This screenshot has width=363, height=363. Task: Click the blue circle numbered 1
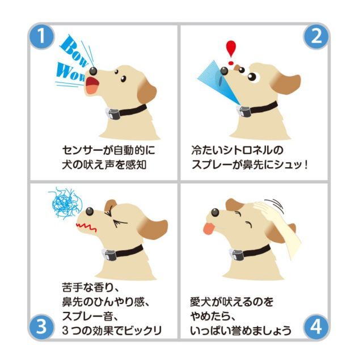coord(41,36)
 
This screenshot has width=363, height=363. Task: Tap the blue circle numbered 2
coord(316,36)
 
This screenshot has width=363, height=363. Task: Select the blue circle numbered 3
coord(41,327)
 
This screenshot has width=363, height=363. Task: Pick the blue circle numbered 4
coord(316,327)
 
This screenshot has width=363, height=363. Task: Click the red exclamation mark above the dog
coord(231,53)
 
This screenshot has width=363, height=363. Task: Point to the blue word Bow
coord(74,52)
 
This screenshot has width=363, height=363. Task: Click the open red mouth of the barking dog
coord(92,85)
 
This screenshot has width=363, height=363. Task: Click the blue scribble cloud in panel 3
coord(65,203)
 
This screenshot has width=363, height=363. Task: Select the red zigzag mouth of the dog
coord(86,227)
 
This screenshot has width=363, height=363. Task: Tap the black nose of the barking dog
coord(93,71)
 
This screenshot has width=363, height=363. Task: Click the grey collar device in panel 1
coord(113,113)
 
